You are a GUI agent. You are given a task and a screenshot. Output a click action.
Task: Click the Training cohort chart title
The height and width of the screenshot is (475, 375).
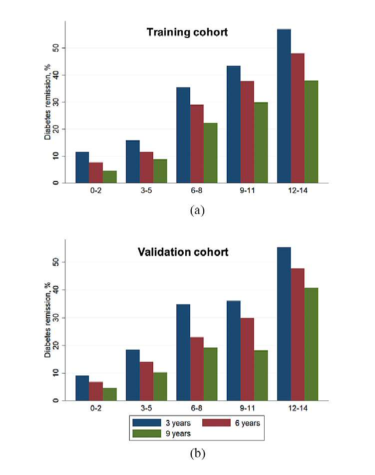coord(187,32)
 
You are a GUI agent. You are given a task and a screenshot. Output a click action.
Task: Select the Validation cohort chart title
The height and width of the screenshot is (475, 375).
coord(183,251)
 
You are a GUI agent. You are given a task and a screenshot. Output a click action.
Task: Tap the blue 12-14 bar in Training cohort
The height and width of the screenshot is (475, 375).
coord(284,106)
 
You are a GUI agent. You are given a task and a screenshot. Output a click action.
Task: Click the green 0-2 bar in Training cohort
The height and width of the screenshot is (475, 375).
coord(109,177)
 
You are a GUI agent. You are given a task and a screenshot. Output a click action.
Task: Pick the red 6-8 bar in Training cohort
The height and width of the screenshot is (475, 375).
coord(197,144)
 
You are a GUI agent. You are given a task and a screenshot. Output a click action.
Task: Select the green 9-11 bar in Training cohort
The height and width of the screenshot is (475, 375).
coord(261,142)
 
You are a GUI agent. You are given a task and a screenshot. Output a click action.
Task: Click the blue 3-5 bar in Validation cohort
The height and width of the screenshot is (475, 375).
coord(133,375)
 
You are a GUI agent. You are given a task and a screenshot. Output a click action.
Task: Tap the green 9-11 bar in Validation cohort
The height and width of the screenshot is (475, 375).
coord(261,375)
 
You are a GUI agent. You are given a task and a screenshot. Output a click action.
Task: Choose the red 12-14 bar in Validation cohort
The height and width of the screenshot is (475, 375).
coord(298,334)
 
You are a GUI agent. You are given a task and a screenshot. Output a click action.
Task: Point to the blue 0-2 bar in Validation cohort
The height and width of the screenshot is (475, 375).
coord(82,388)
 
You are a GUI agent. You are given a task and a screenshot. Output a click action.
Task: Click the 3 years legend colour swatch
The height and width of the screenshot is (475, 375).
coord(147,422)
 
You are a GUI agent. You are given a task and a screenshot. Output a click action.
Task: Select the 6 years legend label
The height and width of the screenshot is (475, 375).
coord(247,423)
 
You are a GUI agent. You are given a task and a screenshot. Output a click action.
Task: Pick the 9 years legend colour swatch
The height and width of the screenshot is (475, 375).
coord(147,433)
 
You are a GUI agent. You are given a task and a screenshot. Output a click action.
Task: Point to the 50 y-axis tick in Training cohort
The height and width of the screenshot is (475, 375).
coord(56,48)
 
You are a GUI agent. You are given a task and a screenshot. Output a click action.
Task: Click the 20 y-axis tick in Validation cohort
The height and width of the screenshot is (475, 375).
coord(56,345)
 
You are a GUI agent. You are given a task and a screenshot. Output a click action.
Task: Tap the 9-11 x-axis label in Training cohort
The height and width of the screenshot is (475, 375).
coord(247,190)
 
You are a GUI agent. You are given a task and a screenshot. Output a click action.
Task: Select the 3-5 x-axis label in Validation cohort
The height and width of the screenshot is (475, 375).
coord(146,408)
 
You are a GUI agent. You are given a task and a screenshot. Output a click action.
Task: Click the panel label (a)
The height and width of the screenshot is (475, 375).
coord(197,210)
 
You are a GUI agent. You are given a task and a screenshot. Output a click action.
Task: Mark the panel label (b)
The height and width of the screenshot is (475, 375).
coord(197,453)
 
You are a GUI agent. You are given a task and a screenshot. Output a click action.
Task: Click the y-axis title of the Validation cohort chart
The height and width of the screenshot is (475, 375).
coord(47,320)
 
